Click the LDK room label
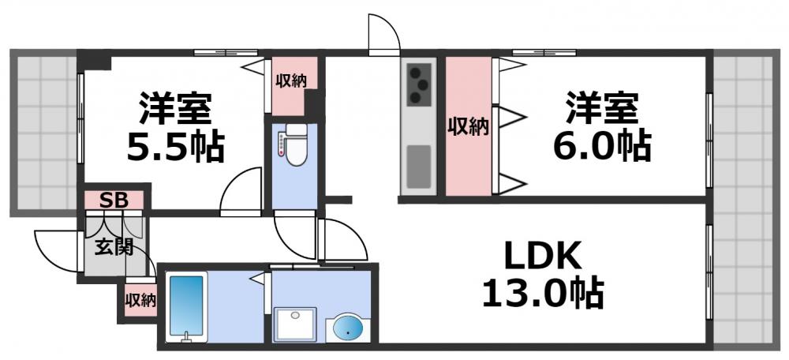click(x=544, y=257)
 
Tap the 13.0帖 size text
click(x=544, y=294)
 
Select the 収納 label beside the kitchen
click(x=468, y=126)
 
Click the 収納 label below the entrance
click(x=140, y=300)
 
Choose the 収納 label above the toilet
click(x=290, y=80)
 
